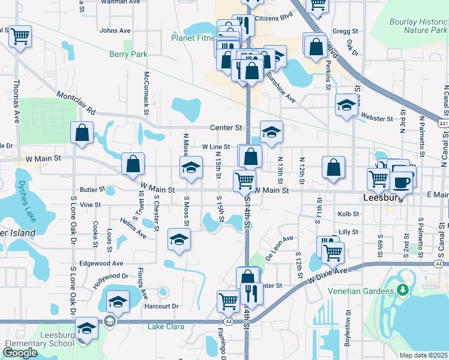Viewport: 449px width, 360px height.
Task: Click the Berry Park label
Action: pyautogui.click(x=128, y=54)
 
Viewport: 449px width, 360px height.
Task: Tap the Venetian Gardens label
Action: pyautogui.click(x=360, y=291)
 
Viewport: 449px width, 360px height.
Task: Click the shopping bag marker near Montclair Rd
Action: pyautogui.click(x=82, y=133)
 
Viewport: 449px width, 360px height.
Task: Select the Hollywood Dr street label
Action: pyautogui.click(x=111, y=279)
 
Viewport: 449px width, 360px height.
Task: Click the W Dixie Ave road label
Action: pyautogui.click(x=329, y=276)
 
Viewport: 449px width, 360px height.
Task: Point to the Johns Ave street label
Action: pyautogui.click(x=115, y=30)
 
